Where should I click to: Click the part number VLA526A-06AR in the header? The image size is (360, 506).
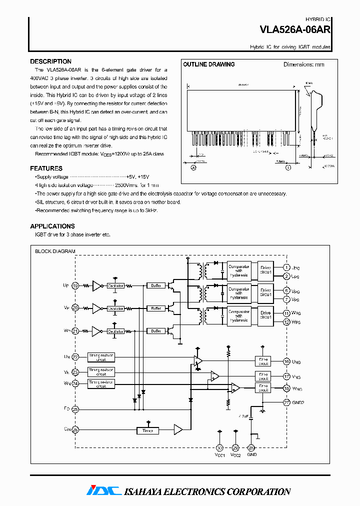click(294, 30)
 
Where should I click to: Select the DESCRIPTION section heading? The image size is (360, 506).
click(50, 61)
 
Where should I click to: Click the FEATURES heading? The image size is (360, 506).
click(46, 168)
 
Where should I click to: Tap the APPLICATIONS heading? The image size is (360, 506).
click(52, 226)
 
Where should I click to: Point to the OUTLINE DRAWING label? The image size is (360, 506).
click(208, 64)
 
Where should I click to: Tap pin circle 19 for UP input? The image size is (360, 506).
click(75, 285)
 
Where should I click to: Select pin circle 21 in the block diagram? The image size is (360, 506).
click(75, 331)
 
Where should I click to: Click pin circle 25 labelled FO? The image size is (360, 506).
click(75, 409)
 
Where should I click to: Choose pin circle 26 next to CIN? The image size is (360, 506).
click(75, 429)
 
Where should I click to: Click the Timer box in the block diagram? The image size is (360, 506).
click(147, 430)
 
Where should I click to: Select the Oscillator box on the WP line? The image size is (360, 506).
click(115, 331)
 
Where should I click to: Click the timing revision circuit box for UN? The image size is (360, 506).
click(101, 356)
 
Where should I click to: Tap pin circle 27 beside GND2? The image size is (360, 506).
click(286, 402)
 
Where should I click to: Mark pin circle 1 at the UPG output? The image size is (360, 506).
click(286, 268)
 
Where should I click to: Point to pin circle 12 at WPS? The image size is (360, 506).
click(286, 322)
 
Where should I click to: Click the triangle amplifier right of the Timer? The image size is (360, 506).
click(178, 429)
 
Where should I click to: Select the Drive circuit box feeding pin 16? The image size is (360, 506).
click(263, 361)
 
